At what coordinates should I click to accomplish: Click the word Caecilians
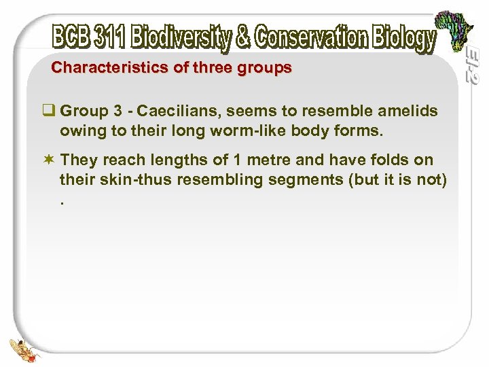tap(178, 111)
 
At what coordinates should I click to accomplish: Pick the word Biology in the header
tap(405, 39)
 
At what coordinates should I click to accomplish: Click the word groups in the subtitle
tap(265, 68)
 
